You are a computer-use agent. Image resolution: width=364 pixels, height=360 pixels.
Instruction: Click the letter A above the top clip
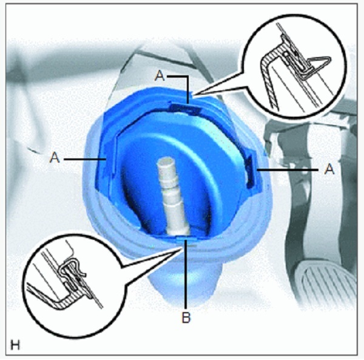click(160, 76)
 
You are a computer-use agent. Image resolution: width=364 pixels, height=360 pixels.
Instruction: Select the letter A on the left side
click(55, 157)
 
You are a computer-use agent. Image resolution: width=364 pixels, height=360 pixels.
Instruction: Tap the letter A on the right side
click(329, 169)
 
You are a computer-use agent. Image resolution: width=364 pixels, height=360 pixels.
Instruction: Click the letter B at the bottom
click(186, 317)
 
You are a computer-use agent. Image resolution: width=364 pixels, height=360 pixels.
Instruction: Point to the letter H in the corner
click(15, 345)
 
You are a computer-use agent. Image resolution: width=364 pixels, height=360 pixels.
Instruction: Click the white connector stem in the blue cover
click(171, 195)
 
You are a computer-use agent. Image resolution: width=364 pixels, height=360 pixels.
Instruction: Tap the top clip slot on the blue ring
click(184, 108)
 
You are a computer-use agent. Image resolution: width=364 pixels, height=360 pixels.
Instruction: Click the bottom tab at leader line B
click(186, 239)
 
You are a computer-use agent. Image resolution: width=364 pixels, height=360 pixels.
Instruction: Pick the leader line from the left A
click(85, 159)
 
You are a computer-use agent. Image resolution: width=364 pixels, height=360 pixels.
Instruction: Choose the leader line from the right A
click(288, 170)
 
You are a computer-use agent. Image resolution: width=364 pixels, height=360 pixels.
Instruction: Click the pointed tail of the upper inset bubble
click(193, 94)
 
